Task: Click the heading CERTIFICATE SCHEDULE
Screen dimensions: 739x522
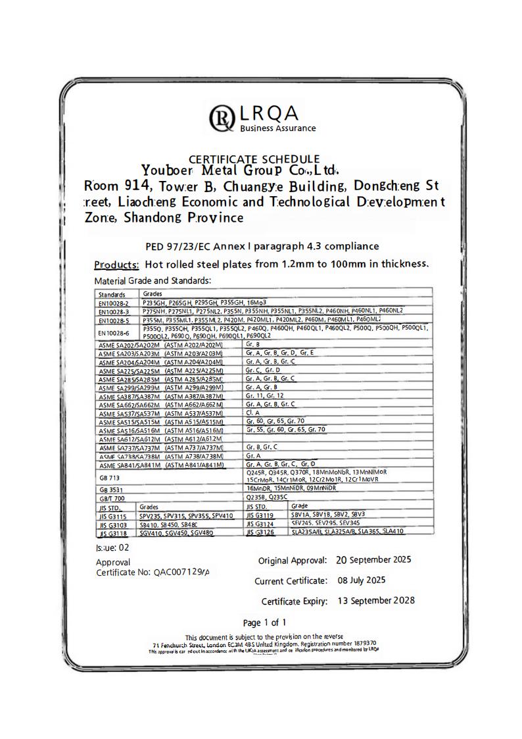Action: pyautogui.click(x=254, y=159)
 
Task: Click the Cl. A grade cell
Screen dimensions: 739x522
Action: pyautogui.click(x=253, y=413)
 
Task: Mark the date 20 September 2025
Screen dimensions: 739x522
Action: pyautogui.click(x=373, y=560)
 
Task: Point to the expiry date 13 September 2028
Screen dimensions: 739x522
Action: pyautogui.click(x=375, y=601)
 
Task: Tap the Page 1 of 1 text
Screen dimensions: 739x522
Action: pyautogui.click(x=264, y=623)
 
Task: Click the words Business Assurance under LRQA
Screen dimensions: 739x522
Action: pyautogui.click(x=277, y=128)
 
